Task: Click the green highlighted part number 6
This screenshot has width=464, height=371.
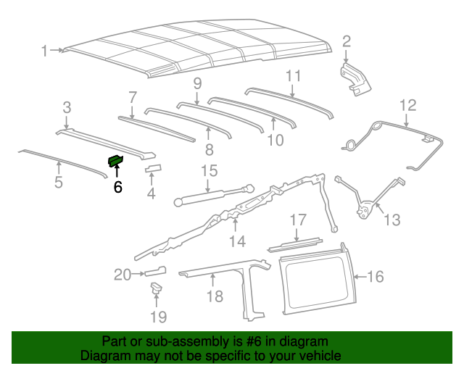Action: click(116, 160)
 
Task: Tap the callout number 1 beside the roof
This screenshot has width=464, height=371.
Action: click(44, 51)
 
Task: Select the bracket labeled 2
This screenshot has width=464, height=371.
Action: click(356, 78)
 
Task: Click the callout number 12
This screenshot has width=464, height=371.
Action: click(407, 105)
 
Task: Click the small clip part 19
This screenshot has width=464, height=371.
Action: click(155, 291)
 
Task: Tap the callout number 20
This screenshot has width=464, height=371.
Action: click(122, 274)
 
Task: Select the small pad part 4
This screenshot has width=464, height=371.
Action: click(152, 170)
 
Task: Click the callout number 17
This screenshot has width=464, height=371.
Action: click(299, 220)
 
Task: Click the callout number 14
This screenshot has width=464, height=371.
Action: click(237, 241)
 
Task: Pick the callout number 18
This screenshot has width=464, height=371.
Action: click(215, 297)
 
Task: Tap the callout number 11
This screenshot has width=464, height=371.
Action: click(293, 76)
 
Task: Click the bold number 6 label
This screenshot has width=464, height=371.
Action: click(117, 187)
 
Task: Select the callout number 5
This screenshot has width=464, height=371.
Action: click(59, 182)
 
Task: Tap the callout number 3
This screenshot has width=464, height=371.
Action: click(66, 107)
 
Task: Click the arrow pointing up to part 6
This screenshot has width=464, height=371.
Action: click(117, 172)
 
